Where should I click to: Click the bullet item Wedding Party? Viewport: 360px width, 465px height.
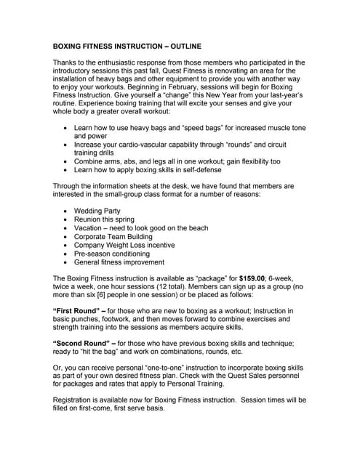coord(97,211)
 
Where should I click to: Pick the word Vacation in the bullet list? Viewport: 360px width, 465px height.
coord(91,228)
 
